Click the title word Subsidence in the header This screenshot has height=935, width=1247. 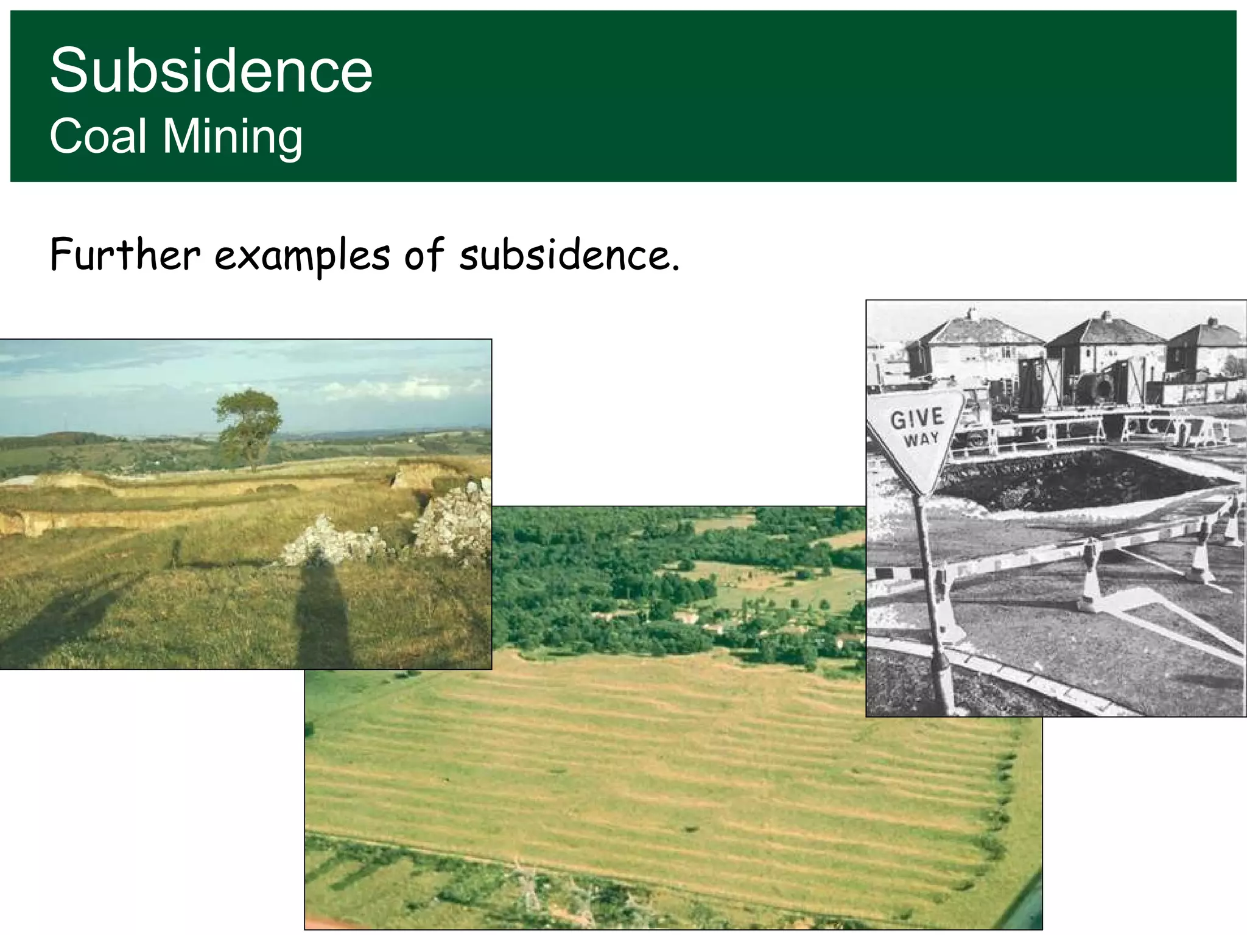click(211, 71)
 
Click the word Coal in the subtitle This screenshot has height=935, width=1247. click(98, 136)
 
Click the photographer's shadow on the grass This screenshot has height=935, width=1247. click(323, 615)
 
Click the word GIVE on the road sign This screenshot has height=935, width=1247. click(917, 419)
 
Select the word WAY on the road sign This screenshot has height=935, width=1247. click(921, 439)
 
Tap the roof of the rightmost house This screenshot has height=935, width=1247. click(1209, 335)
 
